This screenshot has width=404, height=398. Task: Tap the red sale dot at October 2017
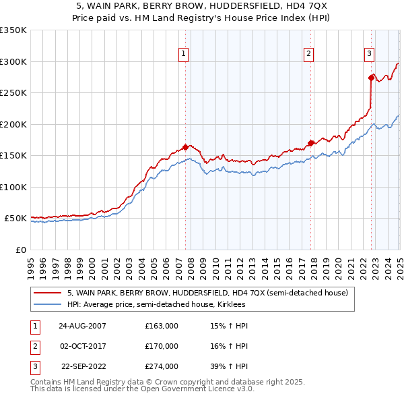tap(310, 143)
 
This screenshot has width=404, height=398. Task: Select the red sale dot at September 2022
tap(371, 78)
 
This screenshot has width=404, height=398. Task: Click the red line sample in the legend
tap(47, 293)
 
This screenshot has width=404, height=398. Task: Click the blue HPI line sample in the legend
tap(47, 304)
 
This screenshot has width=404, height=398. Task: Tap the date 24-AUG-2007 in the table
tap(82, 326)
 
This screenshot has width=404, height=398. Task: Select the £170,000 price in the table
tap(162, 346)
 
